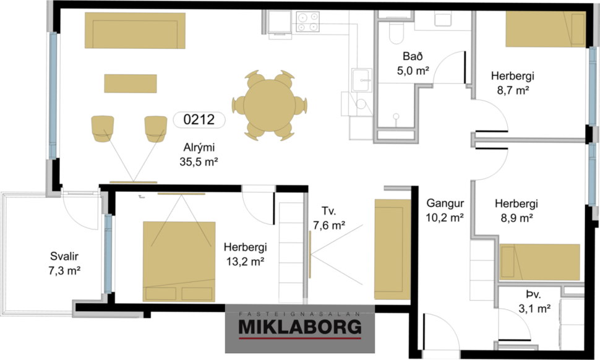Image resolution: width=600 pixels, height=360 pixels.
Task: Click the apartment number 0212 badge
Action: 199,119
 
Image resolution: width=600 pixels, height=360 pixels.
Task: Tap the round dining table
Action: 270,104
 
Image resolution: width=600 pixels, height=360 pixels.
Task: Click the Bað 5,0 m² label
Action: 413,64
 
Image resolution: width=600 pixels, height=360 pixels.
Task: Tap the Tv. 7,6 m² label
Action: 328,218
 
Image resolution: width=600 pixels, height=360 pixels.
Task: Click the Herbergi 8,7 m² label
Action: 513,83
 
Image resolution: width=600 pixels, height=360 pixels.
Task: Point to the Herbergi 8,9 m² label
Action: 516,210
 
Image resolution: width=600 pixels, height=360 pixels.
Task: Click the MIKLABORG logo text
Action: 299,327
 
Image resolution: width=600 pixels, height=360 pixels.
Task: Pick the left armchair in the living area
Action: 102,127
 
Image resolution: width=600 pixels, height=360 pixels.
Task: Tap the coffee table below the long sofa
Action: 131,82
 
